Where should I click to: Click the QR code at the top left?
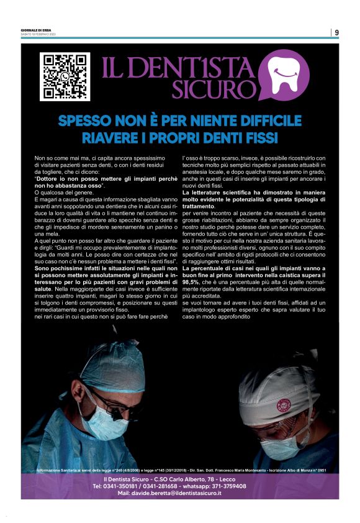[x=65, y=77]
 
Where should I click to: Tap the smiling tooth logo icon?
[x=283, y=75]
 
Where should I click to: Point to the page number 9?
[x=336, y=32]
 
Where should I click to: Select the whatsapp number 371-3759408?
[x=242, y=486]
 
